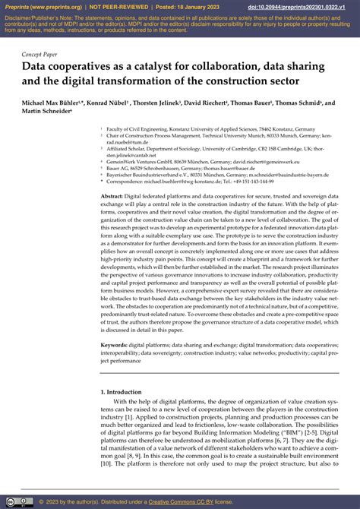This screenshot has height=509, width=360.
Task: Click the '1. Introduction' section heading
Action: click(x=125, y=390)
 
